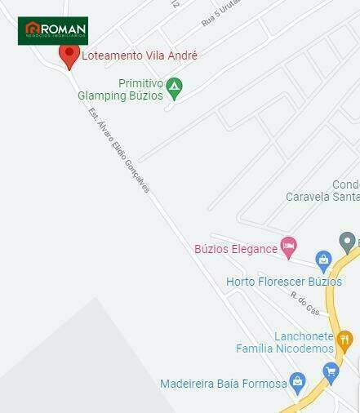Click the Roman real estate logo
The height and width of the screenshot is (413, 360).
click(53, 30)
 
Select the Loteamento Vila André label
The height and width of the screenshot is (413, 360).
click(140, 56)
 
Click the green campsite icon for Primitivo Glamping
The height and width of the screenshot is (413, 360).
click(173, 87)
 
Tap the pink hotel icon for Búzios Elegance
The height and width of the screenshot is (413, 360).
click(287, 246)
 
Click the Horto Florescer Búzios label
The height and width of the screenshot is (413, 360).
click(283, 282)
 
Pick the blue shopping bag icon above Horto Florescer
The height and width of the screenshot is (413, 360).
click(323, 262)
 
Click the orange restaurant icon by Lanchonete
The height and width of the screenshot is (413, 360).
click(344, 340)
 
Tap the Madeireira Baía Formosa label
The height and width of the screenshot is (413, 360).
click(223, 383)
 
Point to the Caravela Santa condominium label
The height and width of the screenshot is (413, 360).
click(323, 191)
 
